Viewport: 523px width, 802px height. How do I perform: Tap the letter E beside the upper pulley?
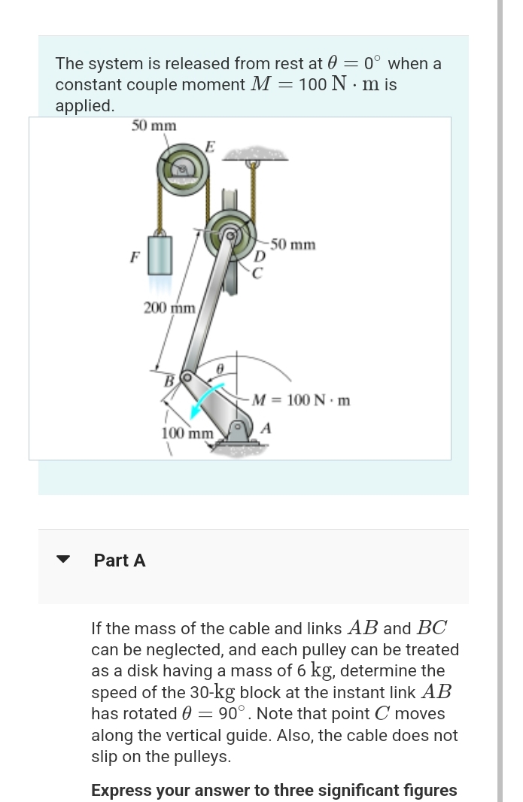[210, 147]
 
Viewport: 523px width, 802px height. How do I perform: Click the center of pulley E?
[181, 172]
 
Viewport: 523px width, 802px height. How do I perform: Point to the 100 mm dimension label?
[187, 433]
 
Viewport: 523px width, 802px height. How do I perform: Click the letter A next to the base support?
[266, 428]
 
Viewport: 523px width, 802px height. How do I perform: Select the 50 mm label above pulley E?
[154, 126]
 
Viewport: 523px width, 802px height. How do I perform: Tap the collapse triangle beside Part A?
[63, 560]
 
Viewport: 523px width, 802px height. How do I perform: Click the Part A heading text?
[120, 560]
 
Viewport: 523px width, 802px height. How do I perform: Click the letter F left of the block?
[135, 256]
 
